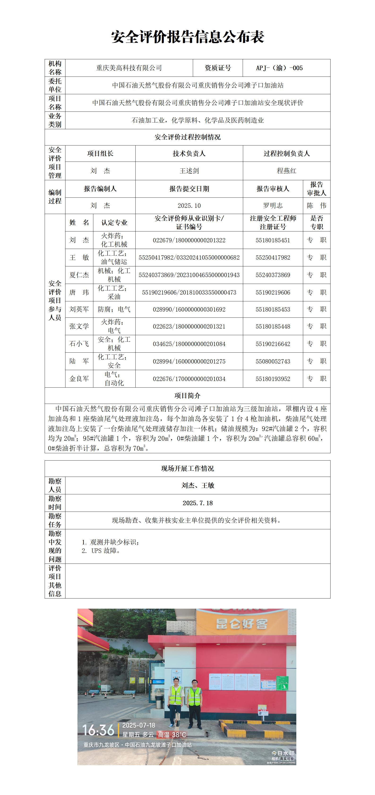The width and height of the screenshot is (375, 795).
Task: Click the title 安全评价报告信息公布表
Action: (x=187, y=37)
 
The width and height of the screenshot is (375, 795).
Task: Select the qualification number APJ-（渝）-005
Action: (x=279, y=68)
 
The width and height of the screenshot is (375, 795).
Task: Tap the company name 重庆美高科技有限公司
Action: (x=129, y=68)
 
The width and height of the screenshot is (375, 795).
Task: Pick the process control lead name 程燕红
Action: (x=286, y=171)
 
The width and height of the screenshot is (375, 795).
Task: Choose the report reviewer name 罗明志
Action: (x=273, y=205)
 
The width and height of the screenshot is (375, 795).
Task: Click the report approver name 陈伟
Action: (x=316, y=205)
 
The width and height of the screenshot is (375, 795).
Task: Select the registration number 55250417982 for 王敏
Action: (x=273, y=257)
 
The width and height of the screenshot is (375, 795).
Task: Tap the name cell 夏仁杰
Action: (x=79, y=275)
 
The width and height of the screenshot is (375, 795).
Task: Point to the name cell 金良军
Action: (x=79, y=379)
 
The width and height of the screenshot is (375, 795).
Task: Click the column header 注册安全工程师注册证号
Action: (x=273, y=222)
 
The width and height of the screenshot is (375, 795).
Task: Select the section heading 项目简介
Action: (x=187, y=396)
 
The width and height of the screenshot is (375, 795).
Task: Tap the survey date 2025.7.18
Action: (x=198, y=503)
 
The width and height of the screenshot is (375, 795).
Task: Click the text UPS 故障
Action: (x=106, y=551)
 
